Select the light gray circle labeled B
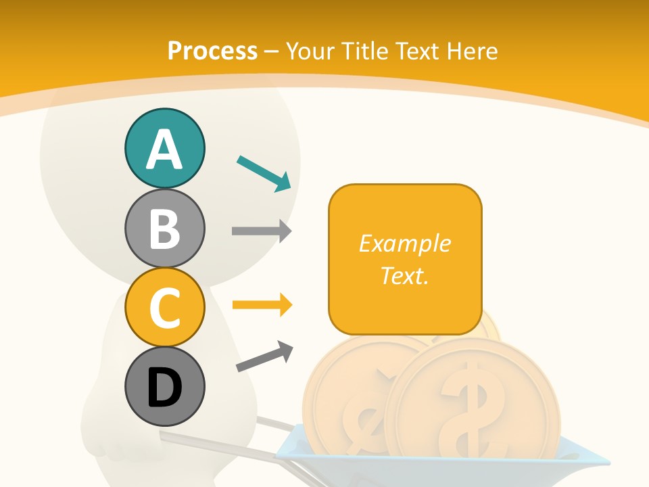164,228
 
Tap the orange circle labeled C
164,306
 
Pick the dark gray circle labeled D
164,388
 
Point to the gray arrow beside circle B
261,231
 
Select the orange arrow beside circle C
261,305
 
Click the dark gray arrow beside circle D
264,356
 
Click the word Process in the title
212,51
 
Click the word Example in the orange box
404,243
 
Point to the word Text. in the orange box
404,275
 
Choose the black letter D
164,389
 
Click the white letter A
164,150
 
